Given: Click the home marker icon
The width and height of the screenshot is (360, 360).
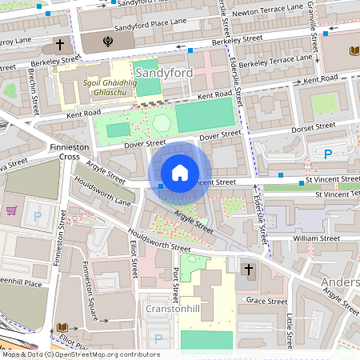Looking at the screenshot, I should [x=180, y=172].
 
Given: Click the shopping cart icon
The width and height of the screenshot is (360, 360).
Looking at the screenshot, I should [x=12, y=211].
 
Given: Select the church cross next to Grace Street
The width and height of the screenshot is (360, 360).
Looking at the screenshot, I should [x=249, y=270].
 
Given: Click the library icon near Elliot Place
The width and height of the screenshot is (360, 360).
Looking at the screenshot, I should [x=62, y=328].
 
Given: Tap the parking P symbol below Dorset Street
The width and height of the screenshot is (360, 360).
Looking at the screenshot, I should [x=327, y=154].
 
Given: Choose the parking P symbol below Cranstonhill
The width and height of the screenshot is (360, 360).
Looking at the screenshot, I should [x=158, y=338].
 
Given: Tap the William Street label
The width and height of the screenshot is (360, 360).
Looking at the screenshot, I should [x=317, y=238].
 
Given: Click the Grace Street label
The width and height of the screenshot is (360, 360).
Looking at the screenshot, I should [x=266, y=301].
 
